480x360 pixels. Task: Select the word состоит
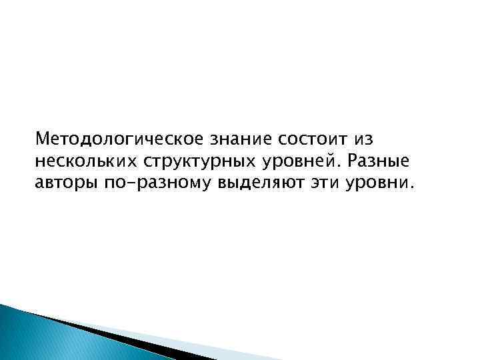[309, 140]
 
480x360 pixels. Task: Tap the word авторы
[65, 183]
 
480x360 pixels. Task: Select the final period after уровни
[411, 188]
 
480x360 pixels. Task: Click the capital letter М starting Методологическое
[43, 140]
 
